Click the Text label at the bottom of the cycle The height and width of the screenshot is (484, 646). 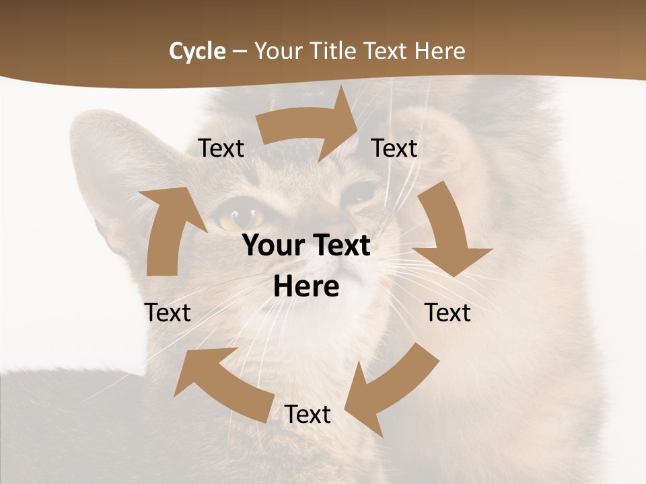click(308, 414)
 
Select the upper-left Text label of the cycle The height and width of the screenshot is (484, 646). click(221, 148)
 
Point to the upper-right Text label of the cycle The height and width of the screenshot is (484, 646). click(394, 148)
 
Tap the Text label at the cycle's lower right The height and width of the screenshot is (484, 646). click(448, 313)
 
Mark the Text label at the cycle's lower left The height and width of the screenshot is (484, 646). click(168, 313)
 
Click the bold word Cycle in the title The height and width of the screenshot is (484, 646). click(197, 51)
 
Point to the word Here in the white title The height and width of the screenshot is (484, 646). click(439, 51)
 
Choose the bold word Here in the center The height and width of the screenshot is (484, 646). click(307, 286)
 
